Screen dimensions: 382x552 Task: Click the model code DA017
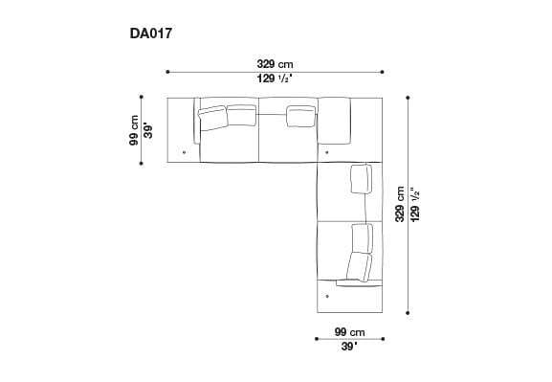coord(151,32)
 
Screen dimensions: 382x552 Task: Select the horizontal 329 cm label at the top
coord(275,63)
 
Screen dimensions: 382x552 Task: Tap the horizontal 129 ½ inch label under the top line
coord(275,79)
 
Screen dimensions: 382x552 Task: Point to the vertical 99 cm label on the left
coord(134,130)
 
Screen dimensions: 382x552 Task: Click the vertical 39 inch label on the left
coord(148,130)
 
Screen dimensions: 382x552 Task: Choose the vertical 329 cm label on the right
coord(400,204)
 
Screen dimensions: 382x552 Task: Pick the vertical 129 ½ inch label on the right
coord(415,204)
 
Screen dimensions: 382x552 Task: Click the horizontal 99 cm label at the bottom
coord(350,330)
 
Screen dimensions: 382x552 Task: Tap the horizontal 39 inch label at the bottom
coord(350,347)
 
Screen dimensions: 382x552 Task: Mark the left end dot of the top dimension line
coord(167,71)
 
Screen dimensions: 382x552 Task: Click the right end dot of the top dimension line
coord(383,71)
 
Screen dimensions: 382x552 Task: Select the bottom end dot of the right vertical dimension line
coord(408,312)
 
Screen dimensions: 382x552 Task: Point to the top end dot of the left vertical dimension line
coord(141,97)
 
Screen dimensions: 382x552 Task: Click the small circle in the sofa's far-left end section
coord(184,151)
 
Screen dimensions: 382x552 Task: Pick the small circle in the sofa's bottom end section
coord(327,296)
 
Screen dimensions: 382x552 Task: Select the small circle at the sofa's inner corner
coord(327,151)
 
